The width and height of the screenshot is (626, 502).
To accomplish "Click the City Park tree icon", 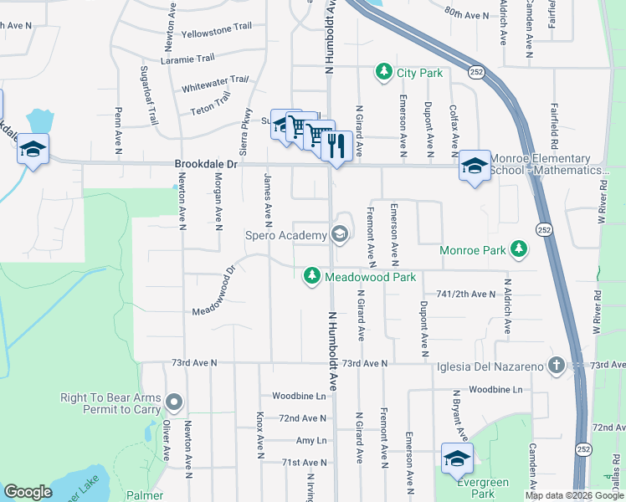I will tap(384, 73).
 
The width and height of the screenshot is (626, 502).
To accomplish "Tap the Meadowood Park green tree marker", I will tap(312, 275).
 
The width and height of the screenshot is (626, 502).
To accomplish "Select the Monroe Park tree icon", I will tap(520, 249).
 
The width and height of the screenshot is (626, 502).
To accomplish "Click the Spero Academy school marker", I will tap(340, 234).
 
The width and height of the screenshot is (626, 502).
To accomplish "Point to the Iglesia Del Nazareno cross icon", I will tap(556, 365).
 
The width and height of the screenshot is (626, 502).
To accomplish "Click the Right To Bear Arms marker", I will tap(174, 403).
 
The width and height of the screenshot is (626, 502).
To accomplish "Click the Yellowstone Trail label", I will tap(217, 26).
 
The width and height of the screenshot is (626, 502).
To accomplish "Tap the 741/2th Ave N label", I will tap(466, 295).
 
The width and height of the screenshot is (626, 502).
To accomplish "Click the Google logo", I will tap(28, 492).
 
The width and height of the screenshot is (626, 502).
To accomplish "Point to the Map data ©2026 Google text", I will tap(574, 495).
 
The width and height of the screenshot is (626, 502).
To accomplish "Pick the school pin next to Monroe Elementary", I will tap(474, 166).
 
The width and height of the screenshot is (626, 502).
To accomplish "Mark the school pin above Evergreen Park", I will tap(457, 458).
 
